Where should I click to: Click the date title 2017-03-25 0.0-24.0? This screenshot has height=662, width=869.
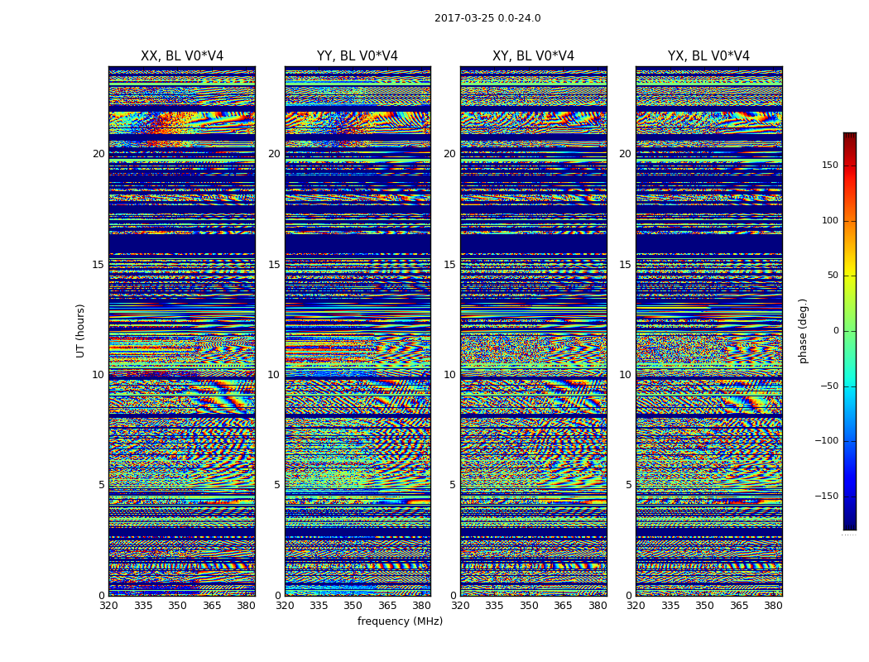(487, 18)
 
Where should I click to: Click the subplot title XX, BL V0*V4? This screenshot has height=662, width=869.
(182, 56)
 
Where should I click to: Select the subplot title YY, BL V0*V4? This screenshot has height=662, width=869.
(358, 56)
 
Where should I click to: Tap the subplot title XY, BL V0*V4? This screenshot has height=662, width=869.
(533, 56)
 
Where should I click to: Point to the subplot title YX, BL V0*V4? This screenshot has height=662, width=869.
(708, 56)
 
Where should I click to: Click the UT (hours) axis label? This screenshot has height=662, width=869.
(81, 330)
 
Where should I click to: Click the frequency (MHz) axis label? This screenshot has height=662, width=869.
(400, 621)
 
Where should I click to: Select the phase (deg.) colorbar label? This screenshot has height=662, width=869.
(803, 330)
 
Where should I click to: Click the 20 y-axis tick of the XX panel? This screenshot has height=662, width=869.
(98, 154)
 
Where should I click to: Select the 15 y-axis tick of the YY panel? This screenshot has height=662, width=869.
(274, 265)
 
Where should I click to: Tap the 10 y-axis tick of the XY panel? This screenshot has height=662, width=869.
(449, 375)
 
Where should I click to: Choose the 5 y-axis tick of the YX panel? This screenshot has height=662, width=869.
(628, 485)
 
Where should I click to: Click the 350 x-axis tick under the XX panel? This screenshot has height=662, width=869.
(177, 606)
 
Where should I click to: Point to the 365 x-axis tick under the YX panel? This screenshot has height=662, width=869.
(739, 606)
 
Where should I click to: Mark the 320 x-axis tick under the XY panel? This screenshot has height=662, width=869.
(460, 606)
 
